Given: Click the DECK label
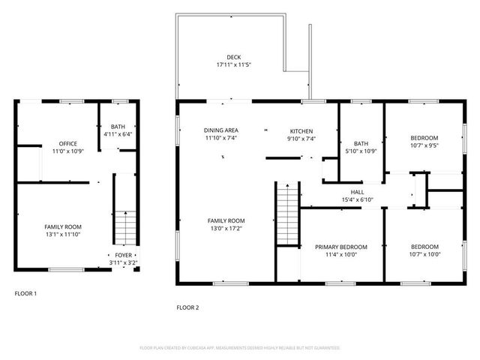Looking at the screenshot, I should click(x=234, y=57).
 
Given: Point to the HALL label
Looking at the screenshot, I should click(x=357, y=191).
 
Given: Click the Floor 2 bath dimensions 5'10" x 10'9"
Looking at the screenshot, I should click(x=361, y=152).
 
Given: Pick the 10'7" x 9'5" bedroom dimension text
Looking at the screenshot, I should click(x=424, y=146).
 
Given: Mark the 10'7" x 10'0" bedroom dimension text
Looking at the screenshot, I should click(x=424, y=254).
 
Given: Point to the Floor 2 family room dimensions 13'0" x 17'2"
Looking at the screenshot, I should click(x=226, y=229).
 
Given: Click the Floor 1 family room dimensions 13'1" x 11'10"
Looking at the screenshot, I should click(x=63, y=235).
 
